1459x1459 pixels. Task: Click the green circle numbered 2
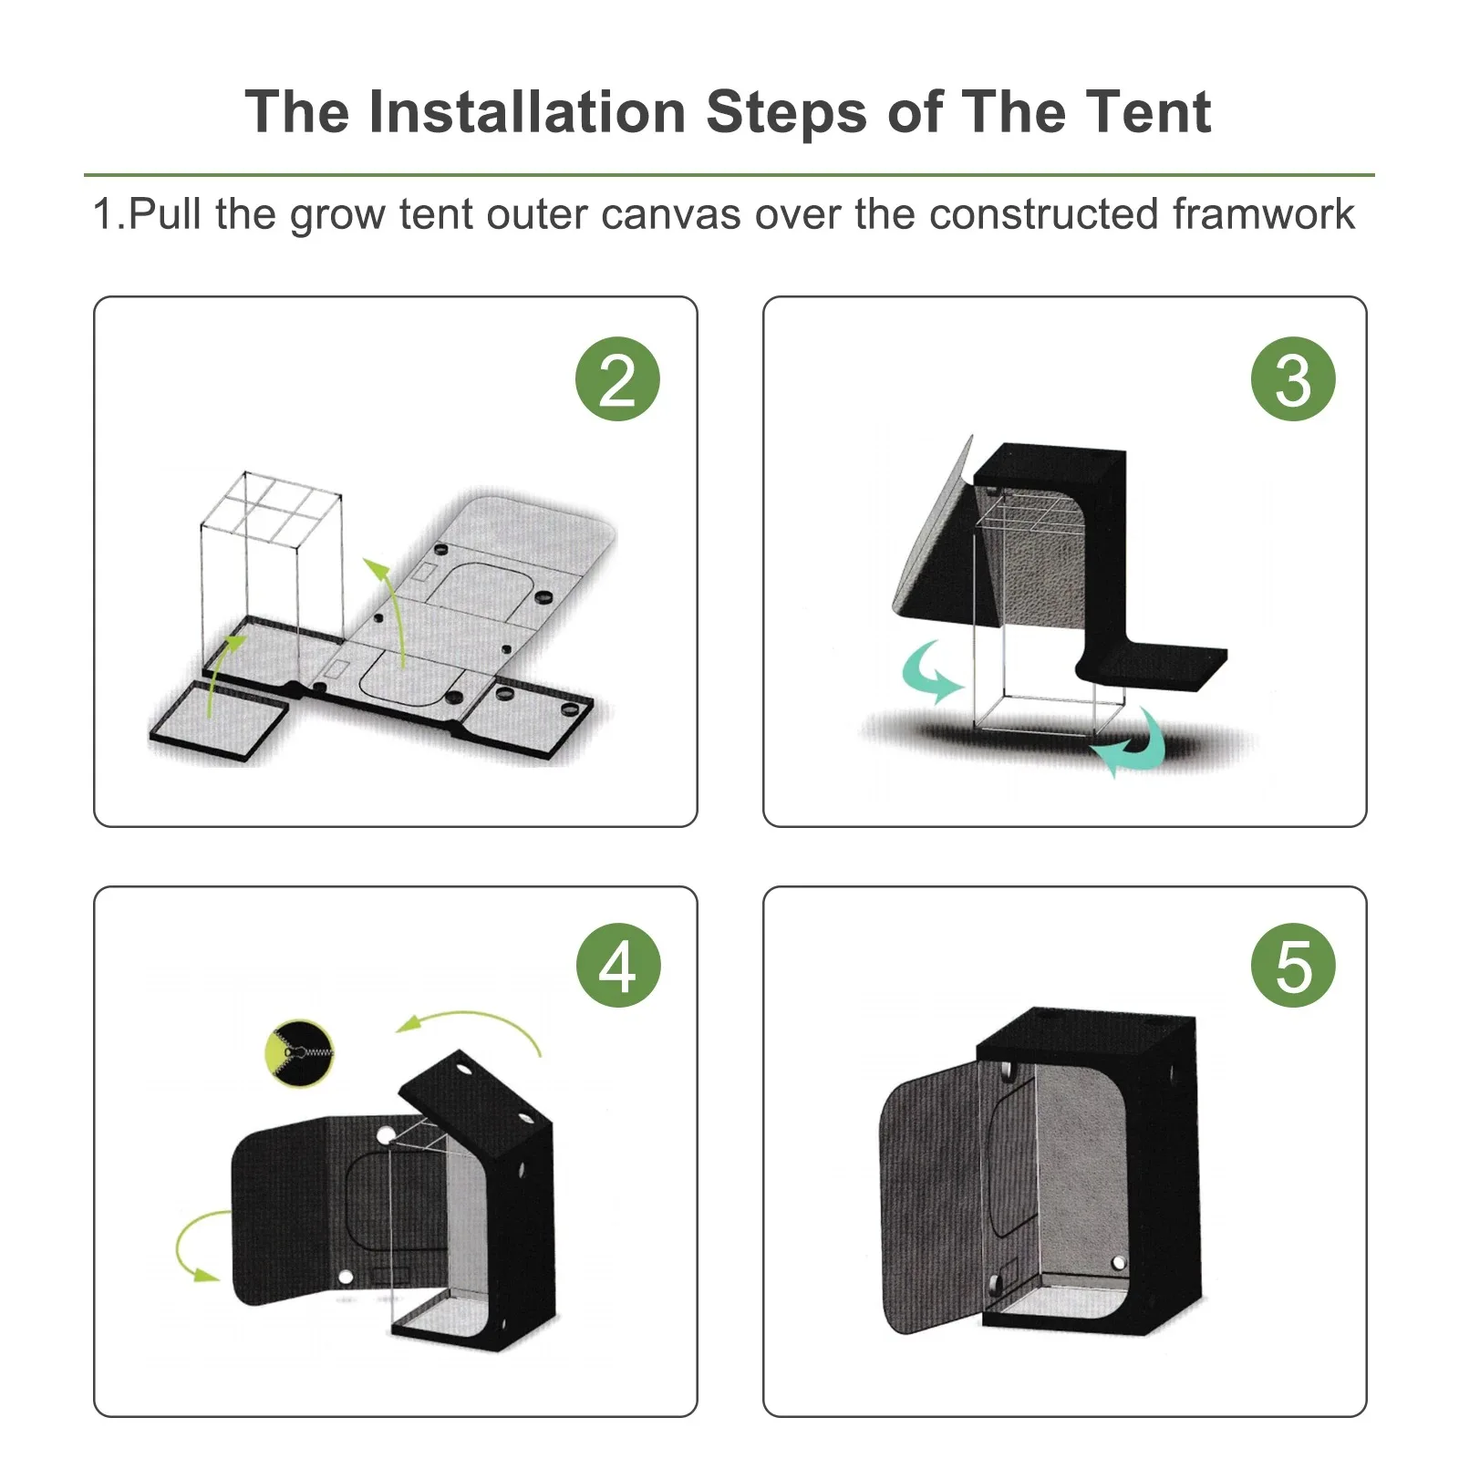[617, 379]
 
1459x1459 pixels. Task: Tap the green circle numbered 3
[1293, 379]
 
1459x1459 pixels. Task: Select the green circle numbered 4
[618, 966]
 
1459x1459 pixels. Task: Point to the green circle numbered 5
[1293, 966]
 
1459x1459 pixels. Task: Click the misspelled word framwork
[1263, 214]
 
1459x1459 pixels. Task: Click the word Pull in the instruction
[165, 214]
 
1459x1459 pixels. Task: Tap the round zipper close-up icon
[299, 1053]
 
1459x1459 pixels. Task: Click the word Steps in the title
[787, 114]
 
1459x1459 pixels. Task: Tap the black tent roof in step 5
[1085, 1027]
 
